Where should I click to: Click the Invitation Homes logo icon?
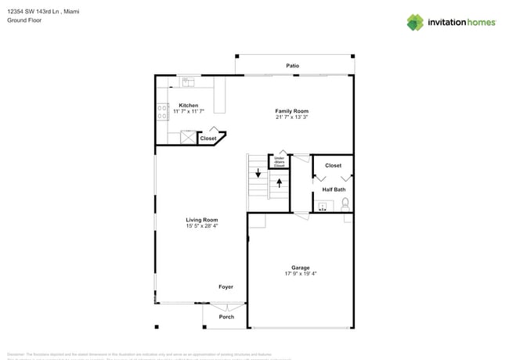point(415,22)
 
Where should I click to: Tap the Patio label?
point(292,66)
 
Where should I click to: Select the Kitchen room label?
point(188,105)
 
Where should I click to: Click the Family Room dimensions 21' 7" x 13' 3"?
point(291,118)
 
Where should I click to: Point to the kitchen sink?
point(188,81)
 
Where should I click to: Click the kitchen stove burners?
point(161,110)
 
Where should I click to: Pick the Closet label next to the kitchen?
point(208,139)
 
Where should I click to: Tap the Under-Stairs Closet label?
point(279,162)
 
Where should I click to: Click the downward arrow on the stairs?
point(258,173)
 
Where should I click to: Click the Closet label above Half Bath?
point(333,166)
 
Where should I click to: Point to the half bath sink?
point(322,207)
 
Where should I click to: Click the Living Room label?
point(201,220)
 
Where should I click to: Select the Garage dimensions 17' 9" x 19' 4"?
point(300,274)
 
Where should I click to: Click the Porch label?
point(226,317)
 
